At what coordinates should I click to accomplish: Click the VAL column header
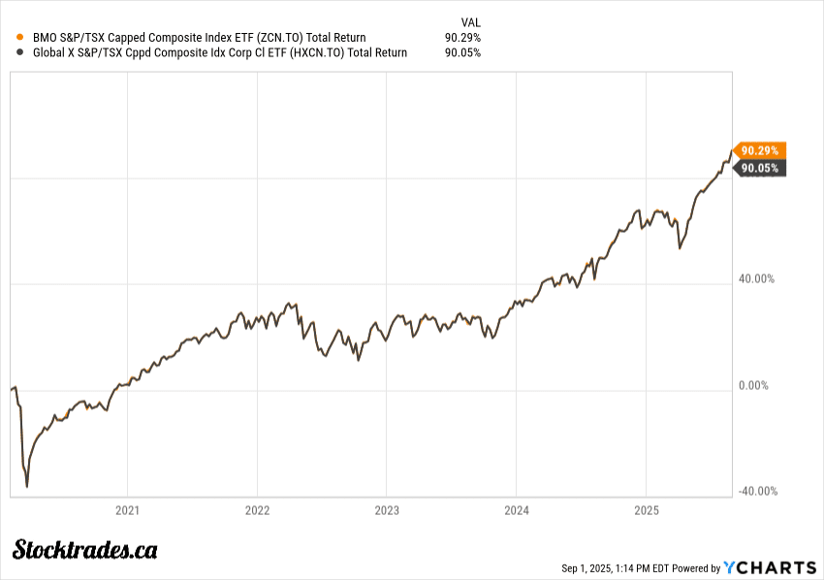click(469, 21)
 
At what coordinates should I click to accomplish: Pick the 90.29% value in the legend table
click(462, 38)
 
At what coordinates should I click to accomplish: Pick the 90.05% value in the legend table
click(462, 53)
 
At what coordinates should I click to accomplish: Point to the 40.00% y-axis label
click(757, 279)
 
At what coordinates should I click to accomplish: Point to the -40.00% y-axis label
click(757, 491)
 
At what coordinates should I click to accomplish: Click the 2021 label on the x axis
click(128, 510)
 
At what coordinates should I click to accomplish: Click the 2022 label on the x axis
click(257, 510)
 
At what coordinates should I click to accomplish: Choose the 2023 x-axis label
click(387, 510)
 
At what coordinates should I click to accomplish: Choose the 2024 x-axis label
click(517, 510)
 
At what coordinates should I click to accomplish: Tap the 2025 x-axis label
click(647, 510)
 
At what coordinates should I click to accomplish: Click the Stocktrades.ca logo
click(85, 550)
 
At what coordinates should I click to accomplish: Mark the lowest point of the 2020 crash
click(27, 486)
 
